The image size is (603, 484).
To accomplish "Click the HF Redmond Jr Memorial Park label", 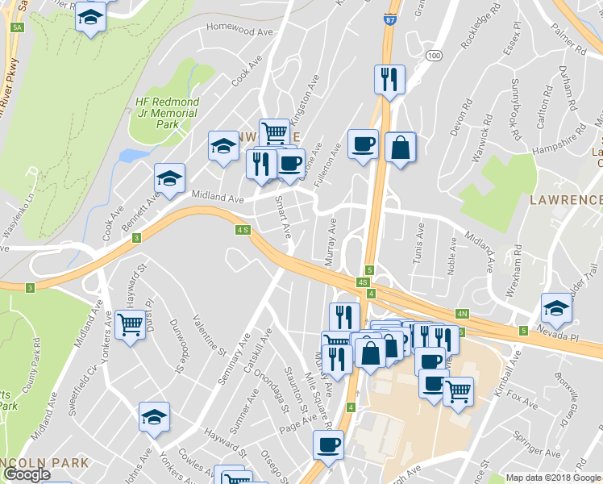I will click(167, 113).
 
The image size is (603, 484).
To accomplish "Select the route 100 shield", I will click(435, 55).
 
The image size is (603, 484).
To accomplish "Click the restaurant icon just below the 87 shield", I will click(389, 79).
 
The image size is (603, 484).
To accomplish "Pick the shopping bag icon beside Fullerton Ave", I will click(400, 147).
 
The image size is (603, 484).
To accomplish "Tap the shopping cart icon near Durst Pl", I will click(131, 324).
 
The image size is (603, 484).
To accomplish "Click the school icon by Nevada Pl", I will click(556, 307).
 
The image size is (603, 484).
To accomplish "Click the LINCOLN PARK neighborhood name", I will click(44, 463).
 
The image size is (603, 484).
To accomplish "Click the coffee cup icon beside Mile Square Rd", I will click(328, 444).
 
